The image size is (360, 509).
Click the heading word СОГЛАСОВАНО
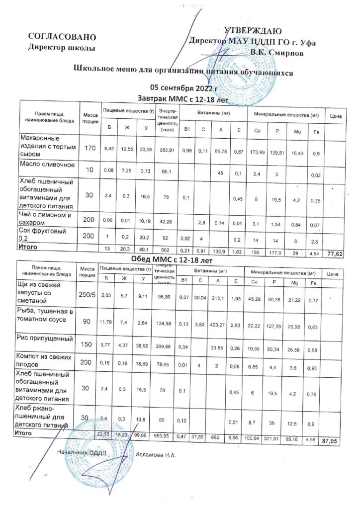[62, 37]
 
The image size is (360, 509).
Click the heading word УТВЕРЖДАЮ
[254, 31]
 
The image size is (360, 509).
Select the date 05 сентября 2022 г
[183, 89]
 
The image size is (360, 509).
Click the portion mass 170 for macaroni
[90, 148]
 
